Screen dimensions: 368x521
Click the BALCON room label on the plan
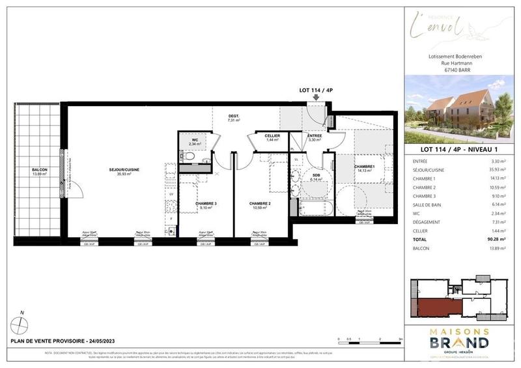(40, 170)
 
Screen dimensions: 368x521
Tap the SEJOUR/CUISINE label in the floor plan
(124, 170)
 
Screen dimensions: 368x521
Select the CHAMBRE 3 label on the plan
(206, 204)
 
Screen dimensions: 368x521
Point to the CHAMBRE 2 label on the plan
(259, 204)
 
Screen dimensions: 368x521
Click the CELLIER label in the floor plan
(273, 135)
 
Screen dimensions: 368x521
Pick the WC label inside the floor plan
(194, 139)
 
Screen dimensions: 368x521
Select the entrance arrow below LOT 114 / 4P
(317, 98)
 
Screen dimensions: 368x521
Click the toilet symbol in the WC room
(190, 156)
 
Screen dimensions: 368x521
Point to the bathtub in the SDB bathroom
(318, 208)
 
